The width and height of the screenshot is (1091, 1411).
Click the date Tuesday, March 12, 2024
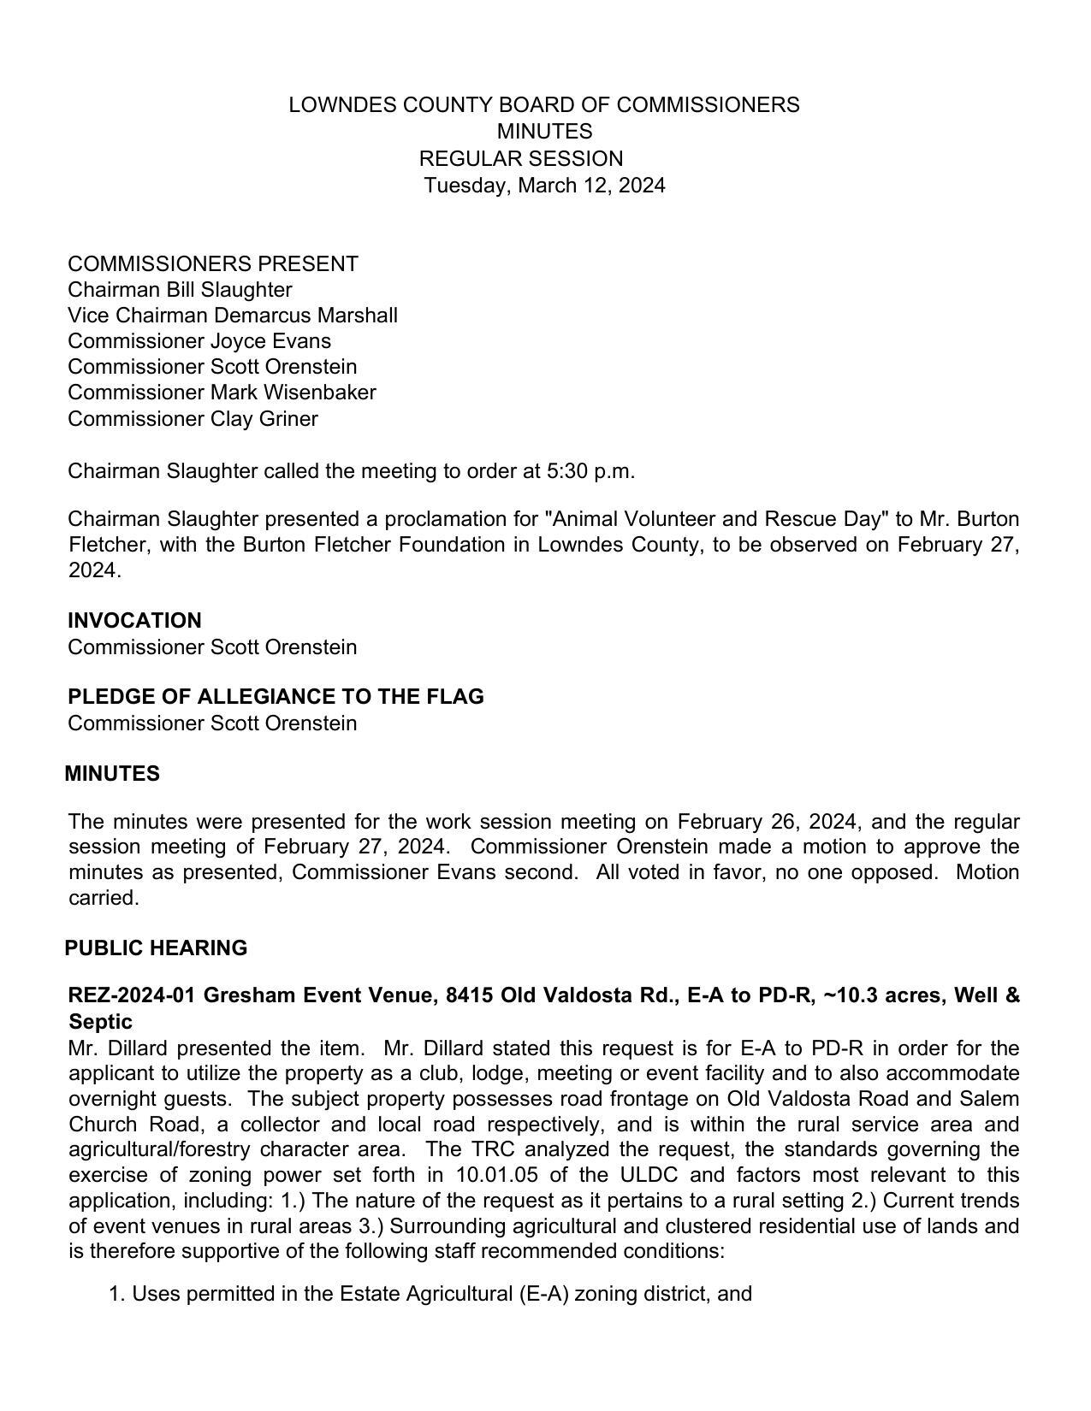(544, 186)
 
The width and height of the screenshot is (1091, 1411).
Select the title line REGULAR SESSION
(521, 159)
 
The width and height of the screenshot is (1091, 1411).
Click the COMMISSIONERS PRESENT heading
(213, 263)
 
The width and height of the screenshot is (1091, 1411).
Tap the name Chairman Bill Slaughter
(180, 290)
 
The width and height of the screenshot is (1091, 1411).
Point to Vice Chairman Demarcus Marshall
(233, 316)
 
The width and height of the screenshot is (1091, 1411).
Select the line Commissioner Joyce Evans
(199, 341)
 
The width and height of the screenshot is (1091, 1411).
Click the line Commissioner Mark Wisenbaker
(222, 393)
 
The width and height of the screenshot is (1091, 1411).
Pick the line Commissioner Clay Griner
(193, 419)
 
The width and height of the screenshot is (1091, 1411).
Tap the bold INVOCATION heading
(134, 621)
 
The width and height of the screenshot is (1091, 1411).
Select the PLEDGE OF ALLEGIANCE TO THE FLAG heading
(276, 697)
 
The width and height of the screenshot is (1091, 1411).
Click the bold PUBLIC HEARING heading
(156, 948)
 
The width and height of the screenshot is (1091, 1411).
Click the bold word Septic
(100, 1022)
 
